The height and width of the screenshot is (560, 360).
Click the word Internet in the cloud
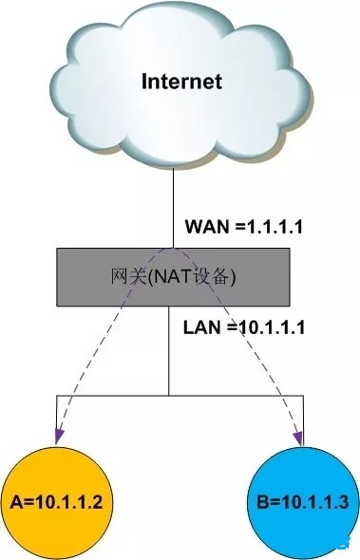point(180,82)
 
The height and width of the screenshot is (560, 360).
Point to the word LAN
point(200,327)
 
